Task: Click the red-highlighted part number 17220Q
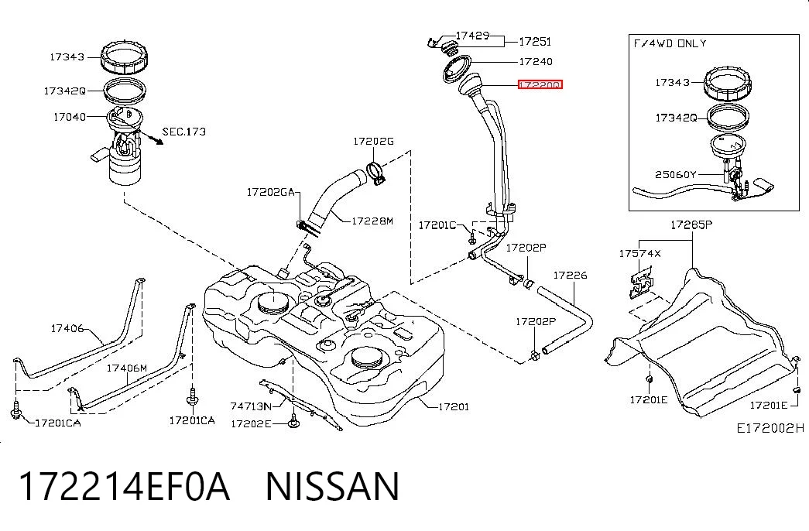pyautogui.click(x=540, y=84)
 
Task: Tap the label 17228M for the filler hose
pyautogui.click(x=372, y=221)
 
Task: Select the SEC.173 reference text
pyautogui.click(x=184, y=132)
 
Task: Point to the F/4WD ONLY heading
pyautogui.click(x=670, y=43)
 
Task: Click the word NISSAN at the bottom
pyautogui.click(x=333, y=486)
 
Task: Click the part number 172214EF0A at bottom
pyautogui.click(x=124, y=486)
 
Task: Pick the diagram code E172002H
pyautogui.click(x=770, y=428)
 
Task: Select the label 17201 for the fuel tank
pyautogui.click(x=454, y=406)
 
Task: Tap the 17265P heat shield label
pyautogui.click(x=691, y=224)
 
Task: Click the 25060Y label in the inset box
pyautogui.click(x=676, y=174)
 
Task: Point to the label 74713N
pyautogui.click(x=251, y=406)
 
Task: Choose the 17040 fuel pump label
pyautogui.click(x=70, y=117)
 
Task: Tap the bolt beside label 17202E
pyautogui.click(x=293, y=421)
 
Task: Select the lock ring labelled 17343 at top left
pyautogui.click(x=124, y=57)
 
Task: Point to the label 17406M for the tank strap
pyautogui.click(x=127, y=368)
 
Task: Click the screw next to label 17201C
pyautogui.click(x=471, y=236)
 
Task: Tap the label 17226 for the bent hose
pyautogui.click(x=570, y=275)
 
